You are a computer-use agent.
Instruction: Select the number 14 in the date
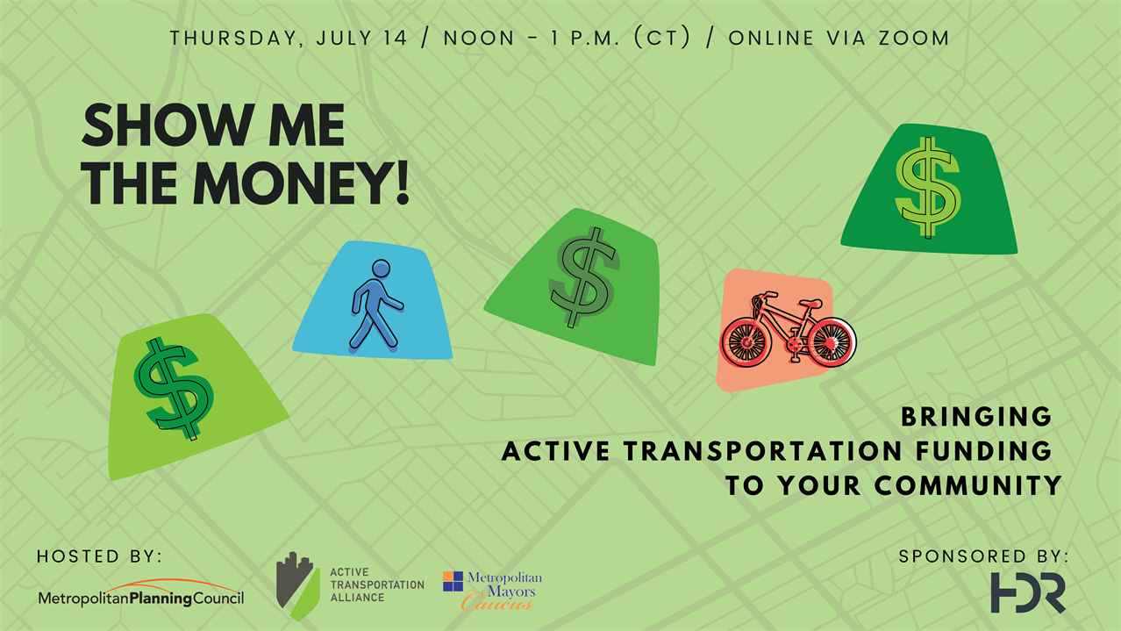[396, 38]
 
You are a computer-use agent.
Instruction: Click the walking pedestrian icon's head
[382, 268]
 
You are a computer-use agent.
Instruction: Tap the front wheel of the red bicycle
[746, 344]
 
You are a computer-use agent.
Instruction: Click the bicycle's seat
[810, 303]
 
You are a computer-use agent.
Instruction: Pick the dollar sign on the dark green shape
[928, 188]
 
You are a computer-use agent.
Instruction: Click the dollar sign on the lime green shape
[174, 389]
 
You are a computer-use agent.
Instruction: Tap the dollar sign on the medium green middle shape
[583, 277]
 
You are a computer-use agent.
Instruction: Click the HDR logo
[1028, 593]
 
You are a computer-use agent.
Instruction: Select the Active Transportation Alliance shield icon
[297, 586]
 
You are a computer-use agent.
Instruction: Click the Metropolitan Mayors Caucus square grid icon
[453, 582]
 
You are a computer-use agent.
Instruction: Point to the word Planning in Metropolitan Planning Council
[161, 599]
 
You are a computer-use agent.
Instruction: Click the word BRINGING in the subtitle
[976, 417]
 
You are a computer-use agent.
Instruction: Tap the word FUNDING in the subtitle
[984, 451]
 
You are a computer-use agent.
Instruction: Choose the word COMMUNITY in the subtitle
[967, 485]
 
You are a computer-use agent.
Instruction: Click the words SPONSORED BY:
[983, 556]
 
